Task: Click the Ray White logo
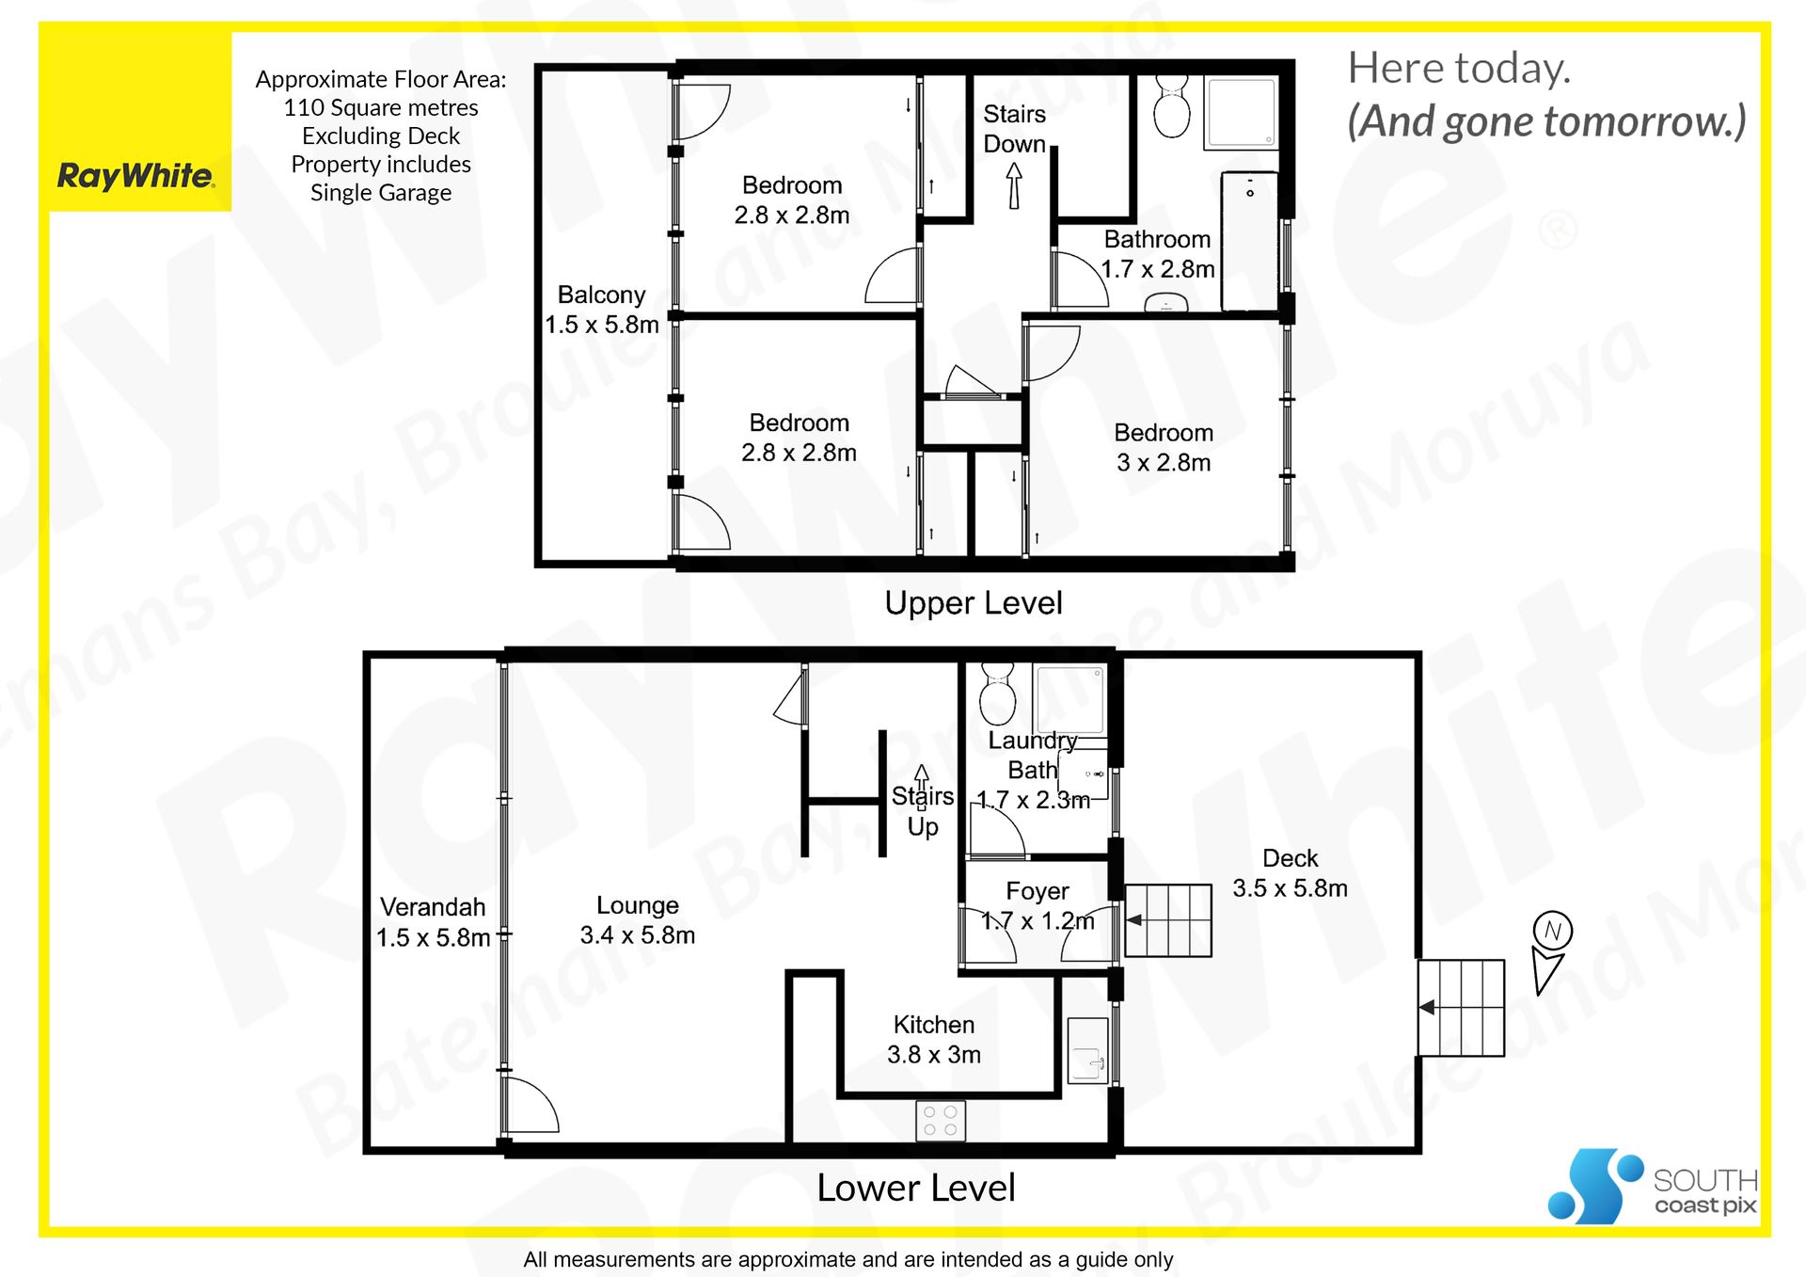coord(136,176)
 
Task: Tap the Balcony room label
coord(602,310)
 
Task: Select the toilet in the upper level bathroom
coord(1172,107)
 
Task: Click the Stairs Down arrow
coord(1014,185)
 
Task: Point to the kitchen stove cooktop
coord(941,1120)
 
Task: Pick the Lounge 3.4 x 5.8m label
coord(638,919)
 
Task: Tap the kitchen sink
coord(1088,1050)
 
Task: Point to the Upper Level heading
coord(974,603)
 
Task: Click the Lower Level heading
coord(916,1188)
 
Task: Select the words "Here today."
coord(1459,68)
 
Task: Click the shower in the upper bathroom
coord(1242,112)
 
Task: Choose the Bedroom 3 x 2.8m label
coord(1164,447)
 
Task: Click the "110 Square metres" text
coord(381,108)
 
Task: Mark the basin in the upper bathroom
coord(1166,303)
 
